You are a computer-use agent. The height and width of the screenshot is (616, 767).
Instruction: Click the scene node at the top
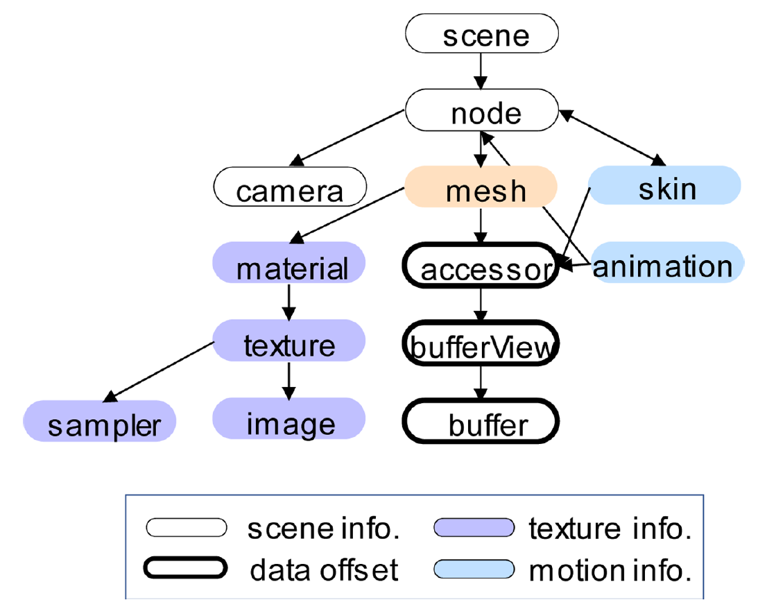(x=481, y=34)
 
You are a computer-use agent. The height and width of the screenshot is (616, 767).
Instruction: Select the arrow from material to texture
(x=289, y=301)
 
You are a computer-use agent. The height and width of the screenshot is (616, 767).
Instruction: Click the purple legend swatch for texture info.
(x=474, y=529)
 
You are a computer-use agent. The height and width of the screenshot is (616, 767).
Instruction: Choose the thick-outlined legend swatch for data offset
(x=186, y=568)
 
